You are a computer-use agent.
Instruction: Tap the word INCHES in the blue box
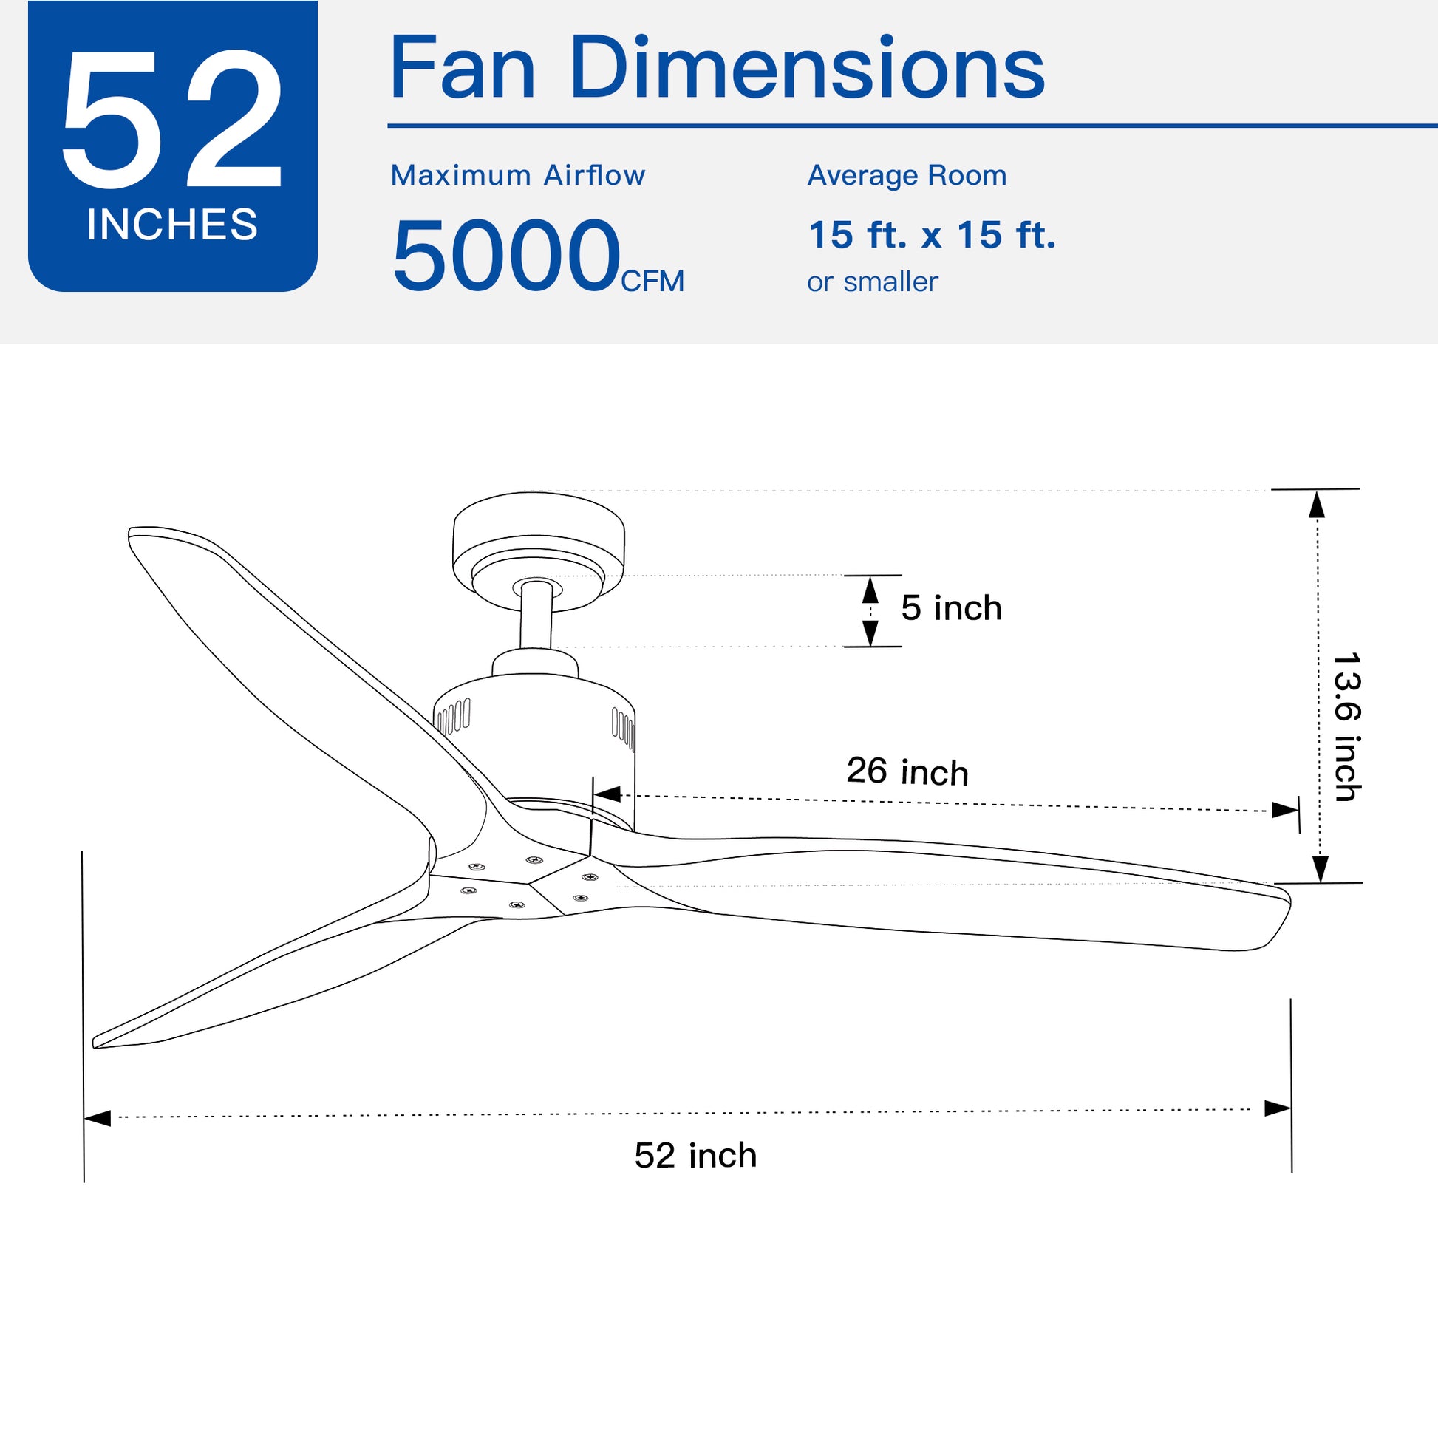[172, 224]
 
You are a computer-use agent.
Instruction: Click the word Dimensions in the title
[807, 69]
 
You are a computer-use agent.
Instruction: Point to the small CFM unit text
[652, 282]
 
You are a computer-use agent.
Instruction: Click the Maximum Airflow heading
[517, 176]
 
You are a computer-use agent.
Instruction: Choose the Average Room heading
[907, 176]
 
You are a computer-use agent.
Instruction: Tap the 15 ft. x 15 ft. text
[931, 235]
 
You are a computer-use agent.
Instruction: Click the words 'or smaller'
[871, 282]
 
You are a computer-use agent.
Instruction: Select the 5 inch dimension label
[950, 608]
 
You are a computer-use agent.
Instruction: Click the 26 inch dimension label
[907, 771]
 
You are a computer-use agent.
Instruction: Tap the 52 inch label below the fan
[695, 1155]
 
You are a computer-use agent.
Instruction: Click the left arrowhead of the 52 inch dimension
[98, 1118]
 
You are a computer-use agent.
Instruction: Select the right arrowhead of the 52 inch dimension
[1277, 1108]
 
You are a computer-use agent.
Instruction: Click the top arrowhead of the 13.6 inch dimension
[1317, 505]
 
